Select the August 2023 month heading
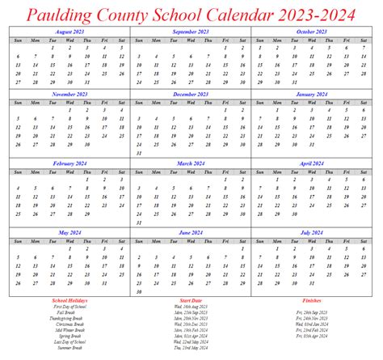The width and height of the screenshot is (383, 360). coord(69,31)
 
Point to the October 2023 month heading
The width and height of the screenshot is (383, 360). coord(311,31)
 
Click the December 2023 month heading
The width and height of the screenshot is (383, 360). coord(190,94)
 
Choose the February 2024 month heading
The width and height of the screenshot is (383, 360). coord(69,163)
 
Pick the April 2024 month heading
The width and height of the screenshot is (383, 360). coord(311,163)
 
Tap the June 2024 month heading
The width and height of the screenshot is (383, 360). coord(190,231)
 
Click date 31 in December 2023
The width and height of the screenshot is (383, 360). coord(140,154)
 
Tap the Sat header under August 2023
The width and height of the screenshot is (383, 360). coord(121,39)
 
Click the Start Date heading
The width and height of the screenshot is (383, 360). coord(191,300)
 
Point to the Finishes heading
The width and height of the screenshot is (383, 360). coord(311,300)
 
